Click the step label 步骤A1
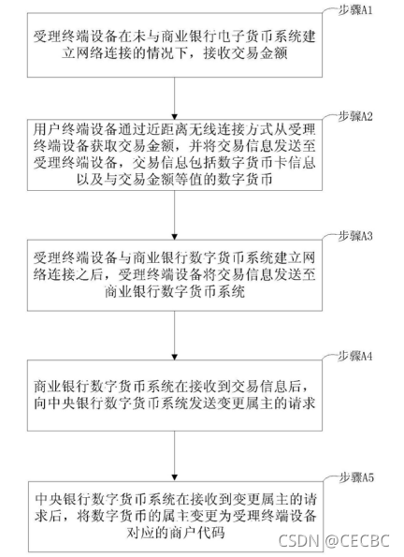pos(354,10)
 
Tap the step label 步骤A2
pos(354,116)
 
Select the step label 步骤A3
pos(354,236)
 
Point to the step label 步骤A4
pos(354,356)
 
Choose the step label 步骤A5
pos(355,477)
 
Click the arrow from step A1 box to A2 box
pos(174,98)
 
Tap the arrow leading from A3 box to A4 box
pos(174,335)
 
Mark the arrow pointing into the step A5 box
pos(174,456)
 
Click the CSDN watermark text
pos(298,541)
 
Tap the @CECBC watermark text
pos(357,541)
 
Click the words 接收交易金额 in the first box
pos(245,53)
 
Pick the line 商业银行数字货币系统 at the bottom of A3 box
pos(175,292)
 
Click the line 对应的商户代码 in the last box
pos(175,533)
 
